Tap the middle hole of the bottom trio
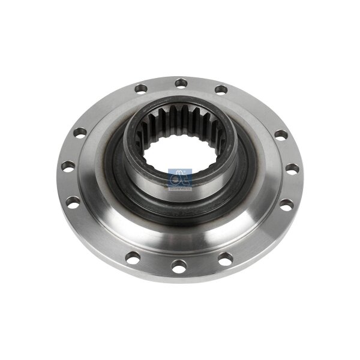pyautogui.click(x=179, y=265)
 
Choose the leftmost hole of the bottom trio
pyautogui.click(x=133, y=257)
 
